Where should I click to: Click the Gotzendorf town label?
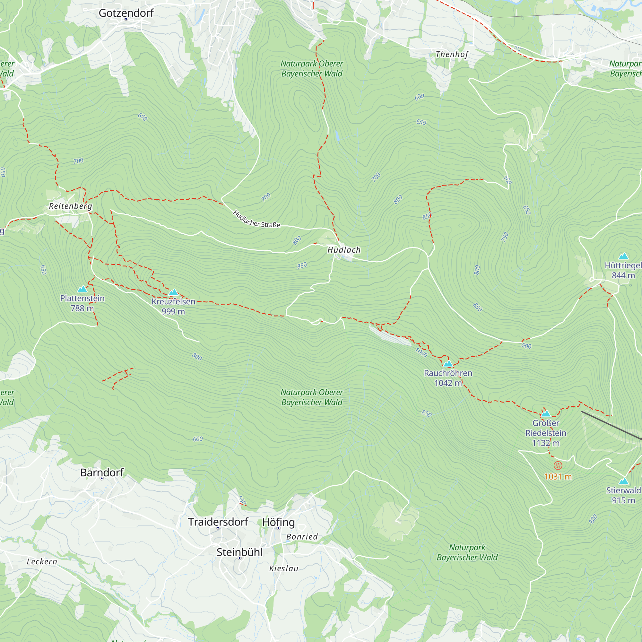click(x=126, y=13)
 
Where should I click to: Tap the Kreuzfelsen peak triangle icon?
click(x=173, y=292)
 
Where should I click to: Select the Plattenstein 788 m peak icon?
click(x=82, y=289)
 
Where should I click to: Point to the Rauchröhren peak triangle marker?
click(x=448, y=364)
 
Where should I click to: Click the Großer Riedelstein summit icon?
click(x=546, y=414)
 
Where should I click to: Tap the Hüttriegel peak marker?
click(x=623, y=256)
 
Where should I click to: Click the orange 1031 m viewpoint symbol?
click(x=558, y=465)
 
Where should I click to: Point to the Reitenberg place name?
click(x=70, y=206)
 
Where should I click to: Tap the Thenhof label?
click(x=452, y=54)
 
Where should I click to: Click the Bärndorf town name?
click(x=102, y=472)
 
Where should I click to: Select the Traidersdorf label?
click(x=218, y=522)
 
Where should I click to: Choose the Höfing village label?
click(x=278, y=522)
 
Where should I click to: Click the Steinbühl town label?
click(x=239, y=552)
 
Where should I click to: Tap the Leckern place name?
click(x=42, y=561)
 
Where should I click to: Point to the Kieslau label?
click(x=284, y=568)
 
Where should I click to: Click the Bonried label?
click(x=302, y=537)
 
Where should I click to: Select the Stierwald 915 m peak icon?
click(x=623, y=481)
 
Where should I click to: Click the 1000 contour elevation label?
click(x=421, y=352)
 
